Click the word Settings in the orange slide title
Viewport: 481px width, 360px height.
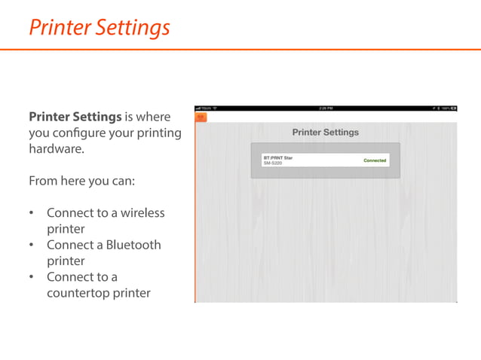[133, 28]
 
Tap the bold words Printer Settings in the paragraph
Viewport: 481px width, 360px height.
[75, 117]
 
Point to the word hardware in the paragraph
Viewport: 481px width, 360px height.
[57, 149]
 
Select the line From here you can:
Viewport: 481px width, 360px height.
[81, 181]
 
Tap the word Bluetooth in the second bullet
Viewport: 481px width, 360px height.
[133, 245]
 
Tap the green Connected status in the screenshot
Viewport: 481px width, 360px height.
[375, 160]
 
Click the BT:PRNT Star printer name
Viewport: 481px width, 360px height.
[277, 158]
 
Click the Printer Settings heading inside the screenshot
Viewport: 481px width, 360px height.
[326, 133]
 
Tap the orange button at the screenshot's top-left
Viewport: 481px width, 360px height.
[201, 117]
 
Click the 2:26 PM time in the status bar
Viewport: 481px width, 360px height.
[326, 108]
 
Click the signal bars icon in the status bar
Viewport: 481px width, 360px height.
[198, 108]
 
